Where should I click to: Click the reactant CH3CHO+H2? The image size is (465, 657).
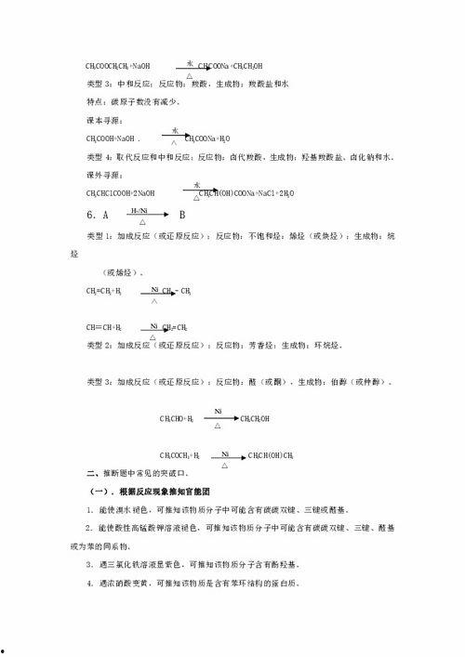[176, 419]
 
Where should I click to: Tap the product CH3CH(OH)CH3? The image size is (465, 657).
[271, 455]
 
